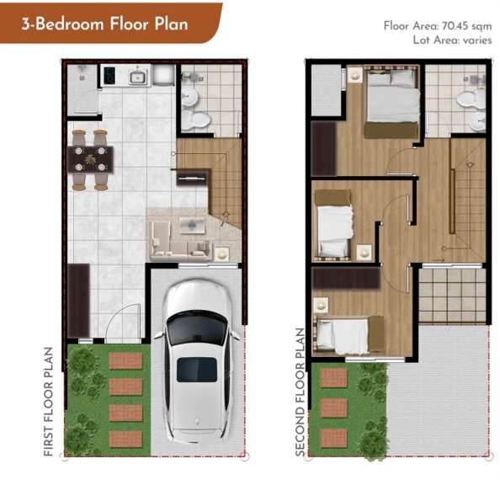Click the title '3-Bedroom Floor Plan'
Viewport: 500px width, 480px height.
(x=105, y=24)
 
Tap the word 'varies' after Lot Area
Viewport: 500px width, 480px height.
(x=477, y=40)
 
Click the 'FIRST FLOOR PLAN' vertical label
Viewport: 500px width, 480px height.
(x=48, y=402)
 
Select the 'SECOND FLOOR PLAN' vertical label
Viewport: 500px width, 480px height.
(x=300, y=392)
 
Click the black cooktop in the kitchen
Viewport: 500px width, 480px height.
(x=109, y=76)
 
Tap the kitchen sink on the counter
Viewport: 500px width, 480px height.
(x=138, y=77)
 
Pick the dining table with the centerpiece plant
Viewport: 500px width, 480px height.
(x=91, y=159)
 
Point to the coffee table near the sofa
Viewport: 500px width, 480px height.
(x=192, y=225)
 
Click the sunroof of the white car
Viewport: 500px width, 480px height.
(x=197, y=370)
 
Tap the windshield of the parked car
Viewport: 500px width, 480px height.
(x=197, y=328)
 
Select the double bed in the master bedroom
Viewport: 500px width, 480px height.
(x=392, y=101)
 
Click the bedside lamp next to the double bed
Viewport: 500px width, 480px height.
(x=354, y=76)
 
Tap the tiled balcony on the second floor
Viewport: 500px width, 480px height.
(x=453, y=296)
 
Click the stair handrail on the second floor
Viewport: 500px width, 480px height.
(x=452, y=201)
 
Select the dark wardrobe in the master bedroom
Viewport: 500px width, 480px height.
(x=324, y=148)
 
